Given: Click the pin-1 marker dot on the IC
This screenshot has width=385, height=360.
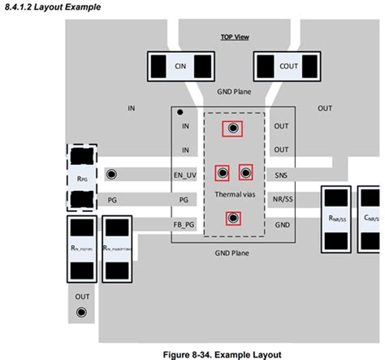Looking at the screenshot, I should [x=180, y=113].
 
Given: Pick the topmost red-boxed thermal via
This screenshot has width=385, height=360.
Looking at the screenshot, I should [x=233, y=128].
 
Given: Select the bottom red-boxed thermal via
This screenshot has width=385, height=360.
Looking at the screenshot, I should [x=233, y=217].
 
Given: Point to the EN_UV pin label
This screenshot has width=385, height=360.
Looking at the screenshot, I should [x=184, y=174].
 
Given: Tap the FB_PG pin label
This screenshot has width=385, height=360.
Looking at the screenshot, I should [x=184, y=223].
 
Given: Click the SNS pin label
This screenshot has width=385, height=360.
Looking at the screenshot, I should [x=281, y=174].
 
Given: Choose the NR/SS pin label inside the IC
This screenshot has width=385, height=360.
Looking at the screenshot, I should [x=281, y=198].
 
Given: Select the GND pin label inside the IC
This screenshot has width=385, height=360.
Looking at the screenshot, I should [x=281, y=223].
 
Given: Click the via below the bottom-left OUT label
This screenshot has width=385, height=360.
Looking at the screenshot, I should [x=82, y=312].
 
